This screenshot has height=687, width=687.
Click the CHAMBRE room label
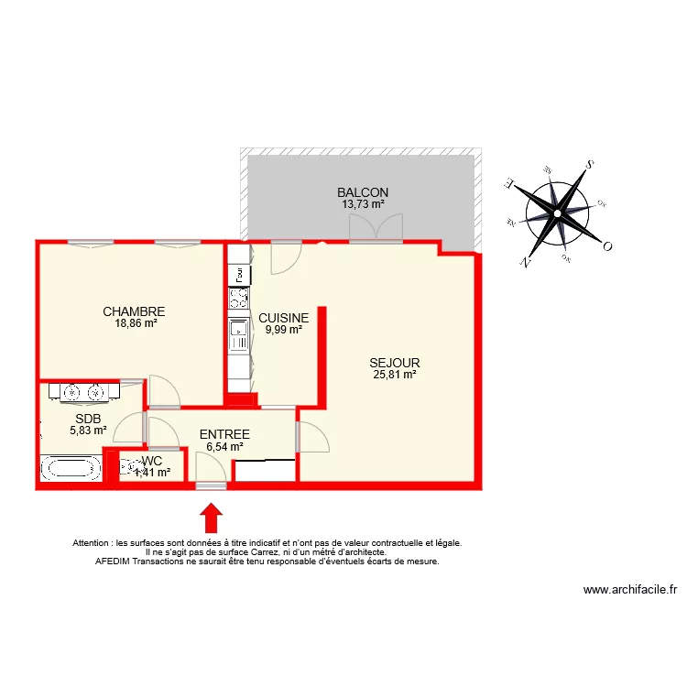click(134, 311)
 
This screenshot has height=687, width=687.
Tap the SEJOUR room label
click(395, 363)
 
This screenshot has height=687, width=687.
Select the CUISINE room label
click(283, 319)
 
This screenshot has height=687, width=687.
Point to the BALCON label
click(363, 192)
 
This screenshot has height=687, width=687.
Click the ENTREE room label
click(224, 434)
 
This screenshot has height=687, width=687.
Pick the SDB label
click(88, 419)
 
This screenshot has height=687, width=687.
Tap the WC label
click(152, 462)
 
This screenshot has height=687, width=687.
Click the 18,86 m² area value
click(136, 323)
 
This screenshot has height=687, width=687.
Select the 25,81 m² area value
click(395, 374)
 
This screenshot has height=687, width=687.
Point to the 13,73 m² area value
click(363, 204)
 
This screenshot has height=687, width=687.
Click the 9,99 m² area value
click(283, 331)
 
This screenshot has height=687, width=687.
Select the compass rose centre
click(557, 214)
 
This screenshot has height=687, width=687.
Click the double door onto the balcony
click(376, 229)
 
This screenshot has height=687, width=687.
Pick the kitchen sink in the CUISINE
click(238, 334)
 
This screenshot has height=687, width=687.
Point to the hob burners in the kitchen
click(238, 298)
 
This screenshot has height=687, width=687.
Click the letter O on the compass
click(606, 246)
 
